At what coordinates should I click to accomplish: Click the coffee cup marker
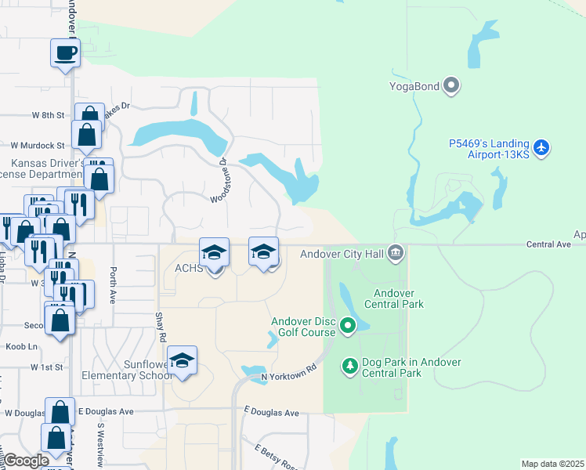pyautogui.click(x=66, y=53)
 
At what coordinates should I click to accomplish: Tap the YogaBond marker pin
pyautogui.click(x=451, y=85)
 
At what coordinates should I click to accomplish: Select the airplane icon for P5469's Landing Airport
pyautogui.click(x=541, y=147)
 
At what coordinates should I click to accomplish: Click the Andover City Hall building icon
pyautogui.click(x=396, y=252)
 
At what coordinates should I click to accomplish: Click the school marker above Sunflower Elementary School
pyautogui.click(x=183, y=360)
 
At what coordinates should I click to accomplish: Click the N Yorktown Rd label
pyautogui.click(x=288, y=371)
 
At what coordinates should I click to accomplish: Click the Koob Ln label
pyautogui.click(x=22, y=346)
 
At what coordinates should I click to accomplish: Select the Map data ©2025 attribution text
pyautogui.click(x=552, y=464)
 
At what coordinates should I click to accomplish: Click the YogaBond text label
pyautogui.click(x=415, y=85)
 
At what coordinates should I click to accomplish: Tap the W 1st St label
pyautogui.click(x=46, y=367)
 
